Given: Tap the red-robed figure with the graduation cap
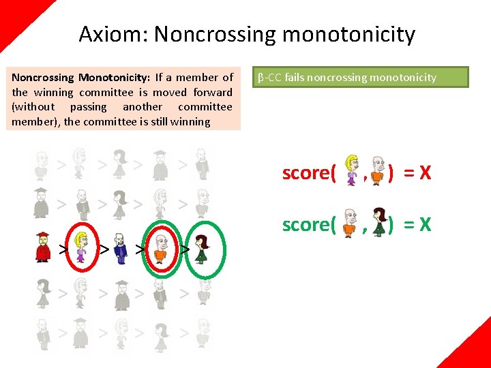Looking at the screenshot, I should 42,247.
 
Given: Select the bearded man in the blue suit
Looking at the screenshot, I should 121,247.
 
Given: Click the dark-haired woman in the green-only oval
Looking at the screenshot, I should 201,247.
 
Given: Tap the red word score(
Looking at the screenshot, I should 309,173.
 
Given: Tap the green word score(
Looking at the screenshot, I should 309,224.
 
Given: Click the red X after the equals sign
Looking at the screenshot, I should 425,173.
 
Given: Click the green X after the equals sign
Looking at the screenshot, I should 425,224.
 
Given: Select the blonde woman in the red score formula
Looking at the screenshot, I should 353,171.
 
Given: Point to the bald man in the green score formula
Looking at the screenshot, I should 350,222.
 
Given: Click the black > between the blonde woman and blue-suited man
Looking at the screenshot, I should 104,249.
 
